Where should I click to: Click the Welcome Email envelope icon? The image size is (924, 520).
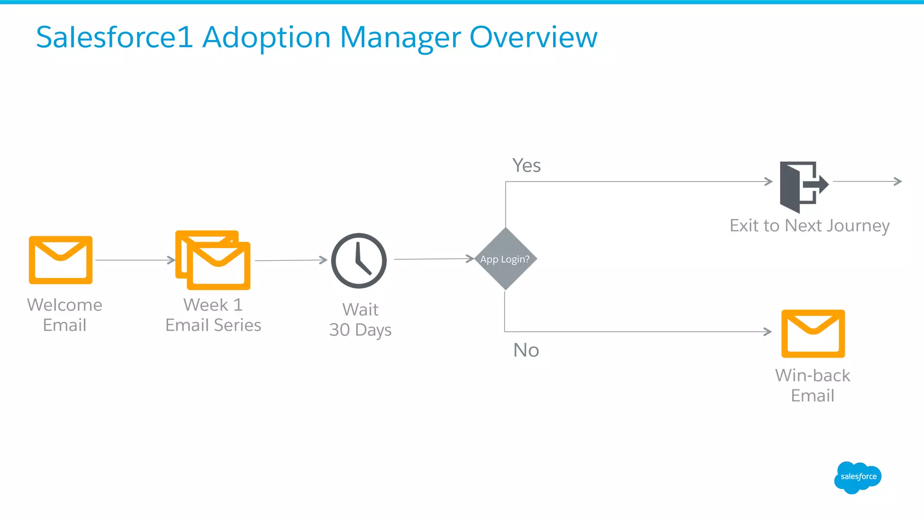(60, 260)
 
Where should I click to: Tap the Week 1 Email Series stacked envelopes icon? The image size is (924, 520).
(213, 260)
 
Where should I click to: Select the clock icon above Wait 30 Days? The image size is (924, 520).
(359, 261)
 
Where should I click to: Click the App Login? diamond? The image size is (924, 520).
(505, 259)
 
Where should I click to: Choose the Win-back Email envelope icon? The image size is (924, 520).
(813, 333)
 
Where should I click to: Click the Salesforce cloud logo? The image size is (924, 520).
(858, 477)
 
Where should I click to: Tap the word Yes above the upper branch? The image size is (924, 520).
(526, 166)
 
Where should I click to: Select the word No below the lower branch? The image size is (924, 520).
(526, 350)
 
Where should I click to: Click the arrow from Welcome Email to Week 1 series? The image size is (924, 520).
(135, 260)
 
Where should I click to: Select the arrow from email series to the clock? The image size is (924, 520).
(291, 260)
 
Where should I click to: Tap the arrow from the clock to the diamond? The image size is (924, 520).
(434, 259)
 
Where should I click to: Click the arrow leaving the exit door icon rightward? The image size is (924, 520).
(867, 181)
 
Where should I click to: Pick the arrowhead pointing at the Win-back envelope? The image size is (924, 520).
(767, 331)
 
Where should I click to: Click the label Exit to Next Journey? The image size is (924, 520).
(809, 225)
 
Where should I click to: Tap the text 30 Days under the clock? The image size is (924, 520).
(360, 330)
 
